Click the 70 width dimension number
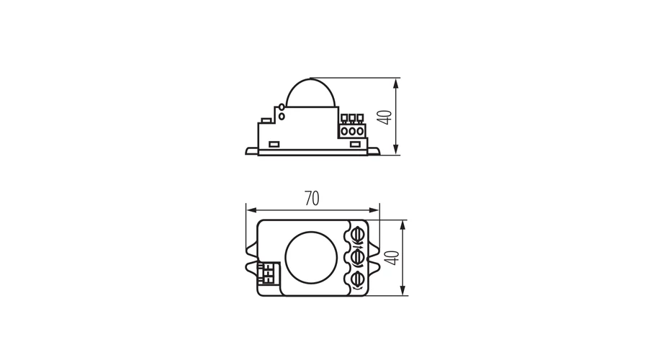click(312, 199)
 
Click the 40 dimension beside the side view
click(385, 117)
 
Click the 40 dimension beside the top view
click(392, 258)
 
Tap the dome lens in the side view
click(311, 93)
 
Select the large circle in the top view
click(311, 258)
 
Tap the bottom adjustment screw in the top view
click(357, 280)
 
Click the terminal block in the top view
click(268, 273)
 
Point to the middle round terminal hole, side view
click(352, 132)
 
